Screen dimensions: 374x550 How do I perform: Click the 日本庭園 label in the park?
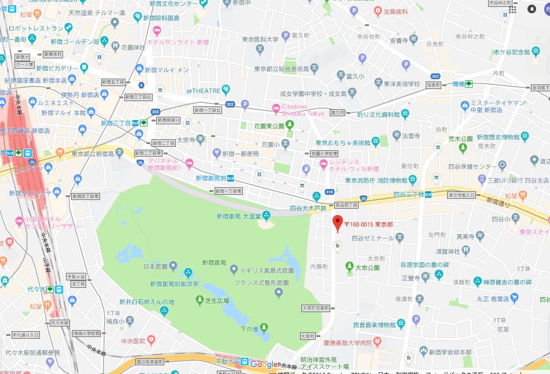pos(156,266)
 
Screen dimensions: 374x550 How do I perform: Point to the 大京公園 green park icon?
pos(349,266)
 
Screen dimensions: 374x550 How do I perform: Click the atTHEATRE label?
pos(203,91)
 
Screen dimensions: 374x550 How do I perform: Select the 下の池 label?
pos(249,329)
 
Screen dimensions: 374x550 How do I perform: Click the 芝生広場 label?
pos(217,301)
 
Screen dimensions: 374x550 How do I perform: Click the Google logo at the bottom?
pos(264,364)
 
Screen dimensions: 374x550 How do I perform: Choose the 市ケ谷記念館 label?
pos(512,52)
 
